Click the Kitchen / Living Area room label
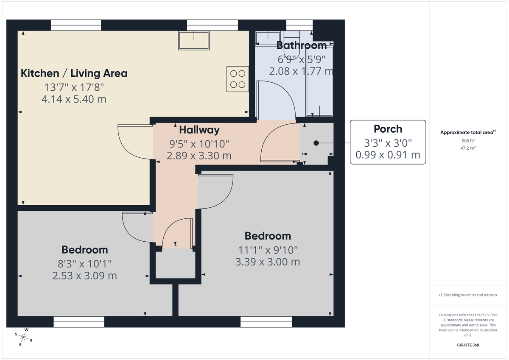(x=74, y=73)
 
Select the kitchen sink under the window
(x=194, y=40)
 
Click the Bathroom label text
(x=302, y=45)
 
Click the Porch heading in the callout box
(x=388, y=129)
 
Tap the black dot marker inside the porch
(x=316, y=143)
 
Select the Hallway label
(x=199, y=130)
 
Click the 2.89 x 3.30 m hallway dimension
(x=199, y=156)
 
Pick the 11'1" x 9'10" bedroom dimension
(x=267, y=250)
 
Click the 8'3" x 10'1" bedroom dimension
(x=84, y=263)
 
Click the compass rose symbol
(x=24, y=338)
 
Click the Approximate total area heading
(x=467, y=132)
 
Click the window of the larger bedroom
(x=266, y=322)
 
